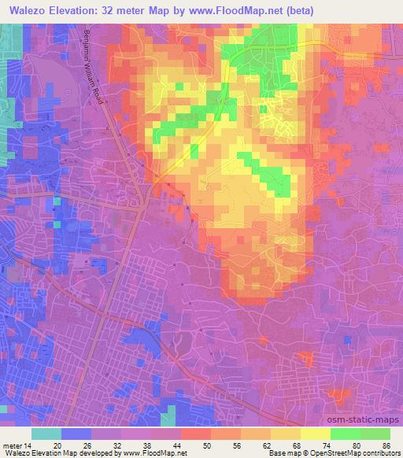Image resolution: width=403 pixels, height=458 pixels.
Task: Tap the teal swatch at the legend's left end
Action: click(46, 434)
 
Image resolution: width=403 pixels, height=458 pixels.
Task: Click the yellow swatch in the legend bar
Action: click(315, 434)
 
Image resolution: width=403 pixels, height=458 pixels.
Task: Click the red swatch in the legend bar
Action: click(195, 434)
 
